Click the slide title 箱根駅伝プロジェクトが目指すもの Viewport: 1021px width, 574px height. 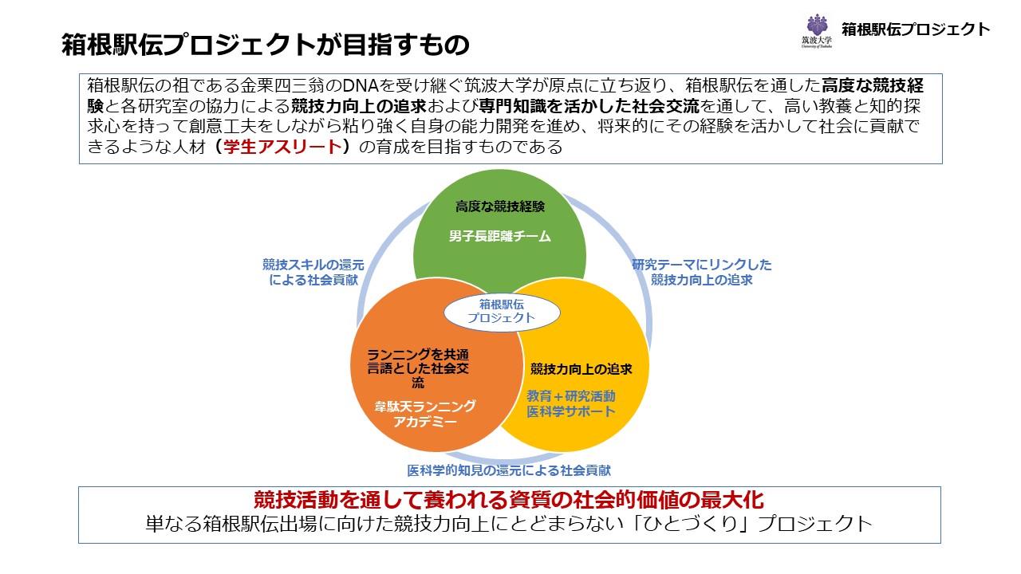pos(265,45)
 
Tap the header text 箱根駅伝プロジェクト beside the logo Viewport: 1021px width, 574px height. pos(916,30)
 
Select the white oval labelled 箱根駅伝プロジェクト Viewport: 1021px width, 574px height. pos(502,311)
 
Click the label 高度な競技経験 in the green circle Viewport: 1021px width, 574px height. pos(500,206)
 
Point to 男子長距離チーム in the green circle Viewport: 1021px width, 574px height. pos(500,236)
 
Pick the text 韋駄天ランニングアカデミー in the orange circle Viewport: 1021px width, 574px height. pos(425,414)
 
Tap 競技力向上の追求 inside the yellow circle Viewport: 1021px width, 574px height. pos(581,369)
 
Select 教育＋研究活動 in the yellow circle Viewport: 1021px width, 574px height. pos(571,395)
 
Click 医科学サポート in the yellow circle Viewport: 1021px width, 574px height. pos(571,411)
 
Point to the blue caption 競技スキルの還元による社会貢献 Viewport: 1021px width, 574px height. pos(313,273)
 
